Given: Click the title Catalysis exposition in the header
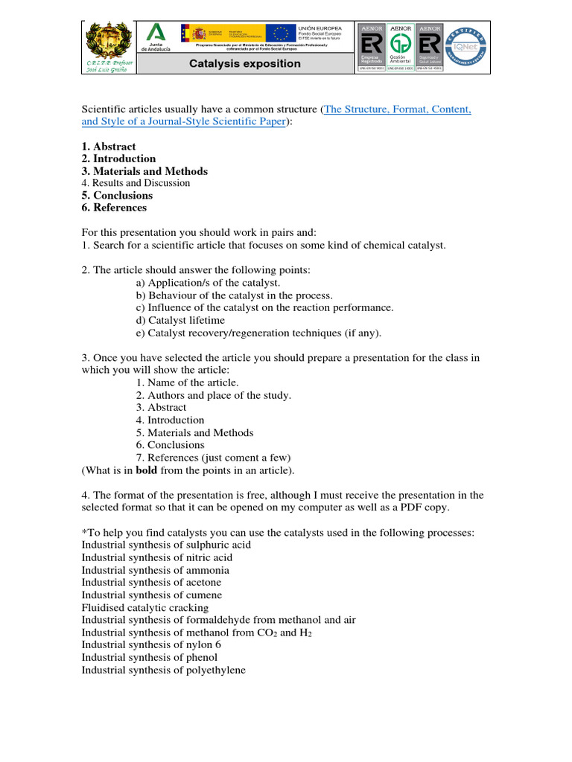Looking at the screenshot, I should [x=244, y=64].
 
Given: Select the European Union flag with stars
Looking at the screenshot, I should [x=281, y=33].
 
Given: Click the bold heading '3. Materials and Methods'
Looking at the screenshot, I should [x=144, y=171].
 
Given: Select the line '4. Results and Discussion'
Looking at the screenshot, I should [x=136, y=183].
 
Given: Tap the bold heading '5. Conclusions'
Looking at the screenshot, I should [x=117, y=196].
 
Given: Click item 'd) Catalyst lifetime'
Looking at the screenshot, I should [x=179, y=320].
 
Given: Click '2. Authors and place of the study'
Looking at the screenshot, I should [x=213, y=395].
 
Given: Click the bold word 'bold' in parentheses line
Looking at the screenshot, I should [x=147, y=470].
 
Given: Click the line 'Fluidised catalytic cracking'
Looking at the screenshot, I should [x=145, y=607].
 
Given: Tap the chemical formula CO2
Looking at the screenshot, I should [x=266, y=633].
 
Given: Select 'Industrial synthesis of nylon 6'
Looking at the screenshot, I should [x=151, y=645].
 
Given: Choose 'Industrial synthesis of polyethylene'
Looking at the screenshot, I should [x=163, y=670].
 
